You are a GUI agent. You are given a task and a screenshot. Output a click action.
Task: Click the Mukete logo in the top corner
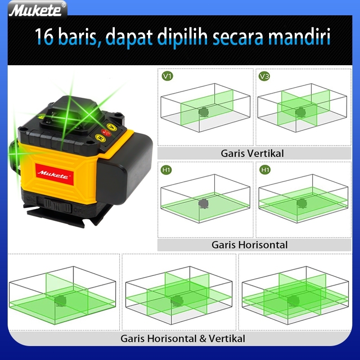tap(37, 9)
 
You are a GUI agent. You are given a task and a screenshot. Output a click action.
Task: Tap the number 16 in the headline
tap(44, 36)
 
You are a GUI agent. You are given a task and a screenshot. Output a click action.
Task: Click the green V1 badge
tap(167, 76)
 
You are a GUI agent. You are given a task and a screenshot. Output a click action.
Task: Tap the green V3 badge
tap(264, 76)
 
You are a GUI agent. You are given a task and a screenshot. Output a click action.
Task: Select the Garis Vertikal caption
tap(252, 153)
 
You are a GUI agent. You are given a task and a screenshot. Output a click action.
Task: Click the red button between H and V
tap(106, 132)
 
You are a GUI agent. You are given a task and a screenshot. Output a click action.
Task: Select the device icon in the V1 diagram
tap(203, 112)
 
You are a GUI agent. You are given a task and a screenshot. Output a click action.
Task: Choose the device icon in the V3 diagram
tap(300, 112)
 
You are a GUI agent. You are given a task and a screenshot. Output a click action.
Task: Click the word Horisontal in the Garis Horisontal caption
tap(263, 245)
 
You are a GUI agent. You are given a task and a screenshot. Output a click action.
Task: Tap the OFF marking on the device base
tap(79, 210)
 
